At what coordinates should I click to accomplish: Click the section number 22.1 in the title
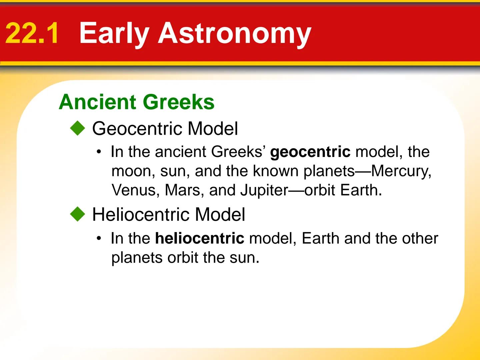click(x=32, y=33)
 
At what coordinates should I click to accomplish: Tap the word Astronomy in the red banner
click(x=235, y=33)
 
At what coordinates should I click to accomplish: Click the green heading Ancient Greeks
click(x=137, y=102)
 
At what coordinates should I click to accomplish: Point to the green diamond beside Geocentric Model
click(x=78, y=128)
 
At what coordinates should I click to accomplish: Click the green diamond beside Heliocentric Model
click(x=78, y=214)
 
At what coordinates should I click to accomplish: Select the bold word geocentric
click(x=310, y=152)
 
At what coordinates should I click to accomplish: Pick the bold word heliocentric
click(x=199, y=238)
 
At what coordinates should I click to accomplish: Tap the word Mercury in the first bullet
click(x=401, y=171)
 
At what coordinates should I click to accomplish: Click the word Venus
click(x=133, y=190)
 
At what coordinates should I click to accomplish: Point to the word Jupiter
click(x=264, y=190)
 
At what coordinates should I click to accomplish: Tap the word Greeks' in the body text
click(x=239, y=152)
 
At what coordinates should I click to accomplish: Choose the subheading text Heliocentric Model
click(x=168, y=214)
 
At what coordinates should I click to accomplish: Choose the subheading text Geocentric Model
click(x=165, y=128)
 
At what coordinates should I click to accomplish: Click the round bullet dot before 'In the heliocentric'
click(x=99, y=239)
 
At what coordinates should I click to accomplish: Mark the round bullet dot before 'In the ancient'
click(x=99, y=152)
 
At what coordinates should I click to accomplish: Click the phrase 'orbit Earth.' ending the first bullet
click(x=343, y=190)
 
